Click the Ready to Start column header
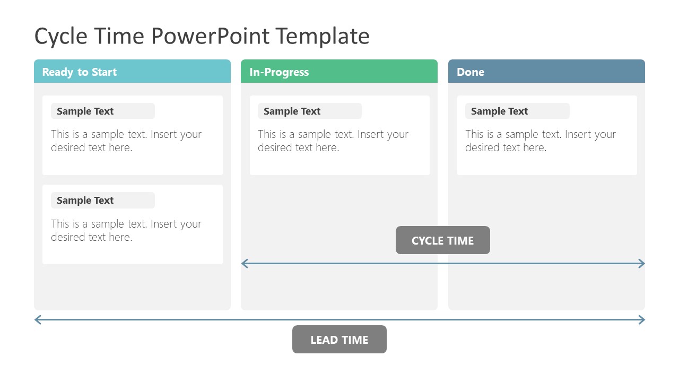pyautogui.click(x=132, y=72)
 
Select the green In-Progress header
pyautogui.click(x=339, y=72)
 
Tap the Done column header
pyautogui.click(x=546, y=72)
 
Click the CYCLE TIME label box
pyautogui.click(x=442, y=240)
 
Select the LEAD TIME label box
pyautogui.click(x=339, y=340)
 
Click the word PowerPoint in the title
pyautogui.click(x=212, y=36)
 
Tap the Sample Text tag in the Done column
pyautogui.click(x=517, y=111)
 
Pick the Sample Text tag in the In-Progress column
pyautogui.click(x=309, y=111)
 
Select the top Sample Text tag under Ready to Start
pyautogui.click(x=102, y=111)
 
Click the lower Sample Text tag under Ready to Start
pyautogui.click(x=102, y=200)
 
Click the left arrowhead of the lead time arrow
pyautogui.click(x=37, y=319)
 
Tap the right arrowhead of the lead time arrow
pyautogui.click(x=642, y=319)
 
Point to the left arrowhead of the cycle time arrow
pyautogui.click(x=244, y=263)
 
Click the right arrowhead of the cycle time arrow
pyautogui.click(x=642, y=263)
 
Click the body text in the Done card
pyautogui.click(x=540, y=141)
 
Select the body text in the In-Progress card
pyautogui.click(x=333, y=141)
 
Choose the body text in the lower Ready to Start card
pyautogui.click(x=126, y=230)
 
